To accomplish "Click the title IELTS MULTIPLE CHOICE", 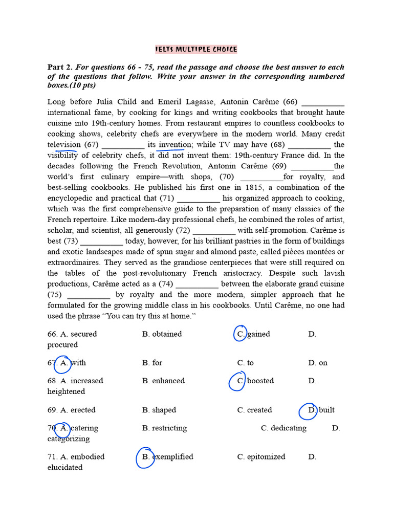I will (x=196, y=50).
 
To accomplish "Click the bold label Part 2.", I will (x=60, y=67).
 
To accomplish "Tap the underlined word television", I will (x=64, y=145).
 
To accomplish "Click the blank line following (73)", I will (x=101, y=241).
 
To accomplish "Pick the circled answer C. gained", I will (x=254, y=334).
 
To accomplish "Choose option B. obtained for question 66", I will (x=162, y=334).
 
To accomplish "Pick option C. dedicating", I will (x=283, y=428).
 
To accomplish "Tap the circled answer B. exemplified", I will (x=166, y=456).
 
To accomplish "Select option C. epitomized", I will (x=261, y=456).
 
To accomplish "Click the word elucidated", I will (x=65, y=467).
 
